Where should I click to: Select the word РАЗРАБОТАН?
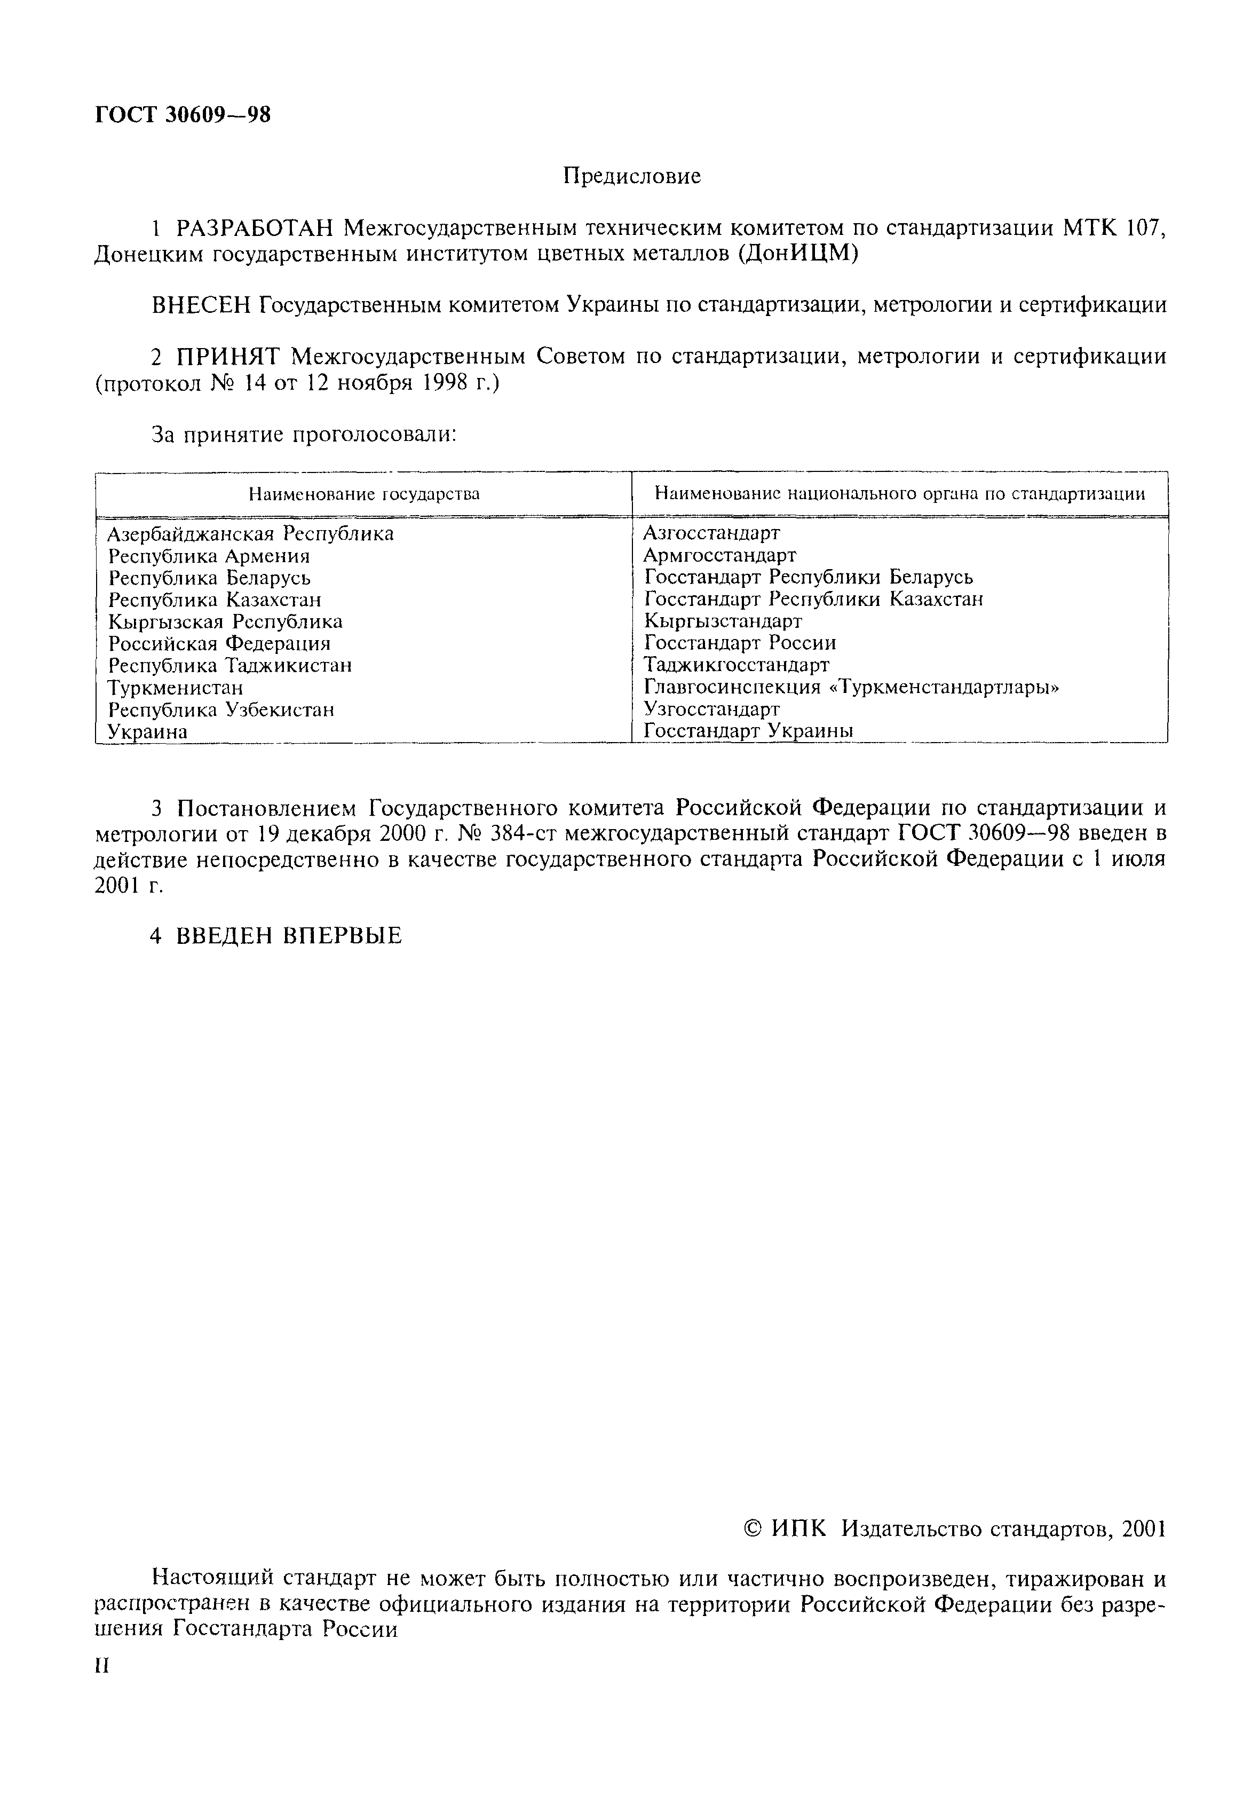pyautogui.click(x=256, y=228)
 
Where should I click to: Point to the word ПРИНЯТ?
pyautogui.click(x=228, y=357)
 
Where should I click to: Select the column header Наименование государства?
pyautogui.click(x=364, y=494)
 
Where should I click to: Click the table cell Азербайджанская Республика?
pyautogui.click(x=250, y=534)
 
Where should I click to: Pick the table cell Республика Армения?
pyautogui.click(x=209, y=556)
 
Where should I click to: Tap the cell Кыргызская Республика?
pyautogui.click(x=225, y=621)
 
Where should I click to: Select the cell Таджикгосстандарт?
pyautogui.click(x=736, y=665)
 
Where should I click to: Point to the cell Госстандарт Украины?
pyautogui.click(x=748, y=730)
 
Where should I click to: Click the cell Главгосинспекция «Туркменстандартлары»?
pyautogui.click(x=852, y=687)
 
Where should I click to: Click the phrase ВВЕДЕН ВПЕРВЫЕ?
pyautogui.click(x=287, y=935)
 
